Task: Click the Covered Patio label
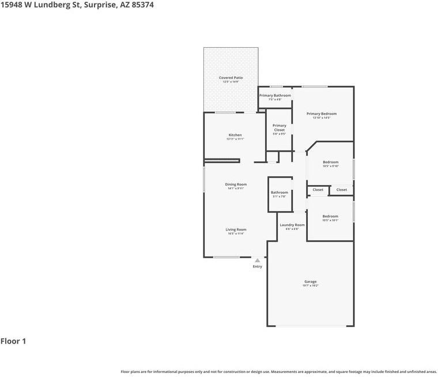click(231, 77)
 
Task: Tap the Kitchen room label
click(235, 135)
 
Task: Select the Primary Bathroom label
click(275, 95)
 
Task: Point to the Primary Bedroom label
click(322, 114)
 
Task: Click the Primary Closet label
click(280, 127)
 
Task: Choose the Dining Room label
click(236, 184)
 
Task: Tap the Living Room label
click(236, 229)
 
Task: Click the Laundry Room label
click(292, 225)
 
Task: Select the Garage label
click(310, 281)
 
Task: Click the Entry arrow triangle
click(258, 261)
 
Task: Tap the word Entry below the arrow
click(258, 266)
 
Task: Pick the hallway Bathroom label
click(280, 193)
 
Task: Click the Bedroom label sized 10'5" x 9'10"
click(330, 162)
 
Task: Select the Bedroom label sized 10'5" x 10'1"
click(330, 216)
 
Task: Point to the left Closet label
click(318, 190)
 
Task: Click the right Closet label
click(342, 190)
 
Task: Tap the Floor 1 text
click(13, 341)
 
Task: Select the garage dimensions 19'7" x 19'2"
click(310, 285)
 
